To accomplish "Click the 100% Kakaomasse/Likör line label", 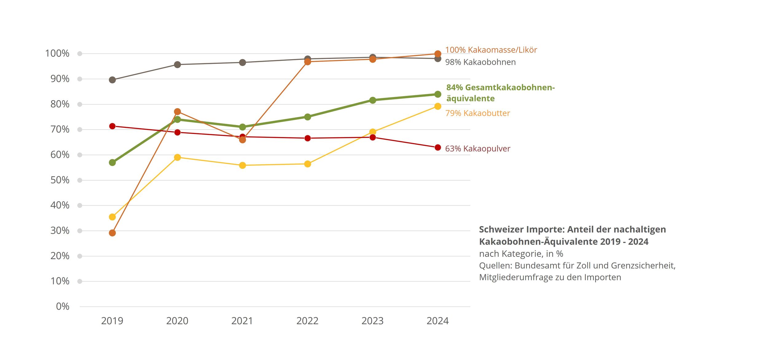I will [491, 50].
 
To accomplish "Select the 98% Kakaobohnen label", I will [480, 62].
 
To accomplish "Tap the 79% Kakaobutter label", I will [477, 113].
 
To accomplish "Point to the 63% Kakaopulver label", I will [477, 149].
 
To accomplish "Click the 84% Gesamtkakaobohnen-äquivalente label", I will [500, 93].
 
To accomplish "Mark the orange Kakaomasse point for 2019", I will [112, 233].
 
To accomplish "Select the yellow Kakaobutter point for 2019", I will [112, 217].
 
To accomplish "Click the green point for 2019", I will [112, 162].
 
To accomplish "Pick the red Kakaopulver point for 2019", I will [112, 126].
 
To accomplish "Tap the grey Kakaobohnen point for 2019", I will [112, 80].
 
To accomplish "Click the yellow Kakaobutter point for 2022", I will [308, 164].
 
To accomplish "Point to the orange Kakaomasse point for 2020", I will [177, 112].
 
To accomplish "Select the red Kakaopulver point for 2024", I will [438, 148].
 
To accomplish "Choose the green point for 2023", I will [373, 100].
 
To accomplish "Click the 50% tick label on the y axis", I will [60, 180].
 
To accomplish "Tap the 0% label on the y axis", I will [63, 307].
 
